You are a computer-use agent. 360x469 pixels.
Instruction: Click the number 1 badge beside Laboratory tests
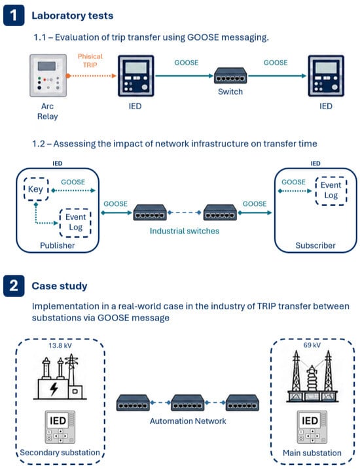pyautogui.click(x=14, y=15)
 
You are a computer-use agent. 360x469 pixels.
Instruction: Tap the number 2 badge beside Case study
pyautogui.click(x=14, y=286)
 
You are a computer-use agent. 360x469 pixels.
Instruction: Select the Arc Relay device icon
pyautogui.click(x=48, y=75)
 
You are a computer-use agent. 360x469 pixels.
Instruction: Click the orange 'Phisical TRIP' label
pyautogui.click(x=90, y=60)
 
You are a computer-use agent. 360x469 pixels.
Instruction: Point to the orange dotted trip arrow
pyautogui.click(x=91, y=76)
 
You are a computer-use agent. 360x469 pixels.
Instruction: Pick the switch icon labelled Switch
pyautogui.click(x=230, y=76)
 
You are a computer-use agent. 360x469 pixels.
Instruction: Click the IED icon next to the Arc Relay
pyautogui.click(x=136, y=76)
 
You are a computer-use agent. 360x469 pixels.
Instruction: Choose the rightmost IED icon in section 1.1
pyautogui.click(x=326, y=76)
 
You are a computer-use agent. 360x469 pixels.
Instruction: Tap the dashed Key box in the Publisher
pyautogui.click(x=36, y=189)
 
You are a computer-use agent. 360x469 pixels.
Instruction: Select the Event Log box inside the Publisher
pyautogui.click(x=75, y=222)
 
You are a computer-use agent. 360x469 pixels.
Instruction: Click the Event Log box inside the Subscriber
pyautogui.click(x=331, y=190)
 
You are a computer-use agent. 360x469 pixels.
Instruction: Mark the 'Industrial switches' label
pyautogui.click(x=185, y=231)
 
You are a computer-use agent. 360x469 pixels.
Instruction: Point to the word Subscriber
pyautogui.click(x=315, y=245)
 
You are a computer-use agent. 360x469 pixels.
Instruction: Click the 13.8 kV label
pyautogui.click(x=60, y=345)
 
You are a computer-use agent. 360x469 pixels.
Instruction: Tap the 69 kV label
pyautogui.click(x=312, y=345)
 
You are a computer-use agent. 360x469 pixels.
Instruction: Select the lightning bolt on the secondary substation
pyautogui.click(x=54, y=389)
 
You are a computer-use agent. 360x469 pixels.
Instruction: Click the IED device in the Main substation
pyautogui.click(x=312, y=427)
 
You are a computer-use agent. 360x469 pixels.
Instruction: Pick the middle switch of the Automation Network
pyautogui.click(x=188, y=402)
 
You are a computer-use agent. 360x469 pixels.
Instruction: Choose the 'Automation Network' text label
pyautogui.click(x=188, y=421)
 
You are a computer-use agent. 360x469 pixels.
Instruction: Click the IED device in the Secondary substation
pyautogui.click(x=60, y=427)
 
